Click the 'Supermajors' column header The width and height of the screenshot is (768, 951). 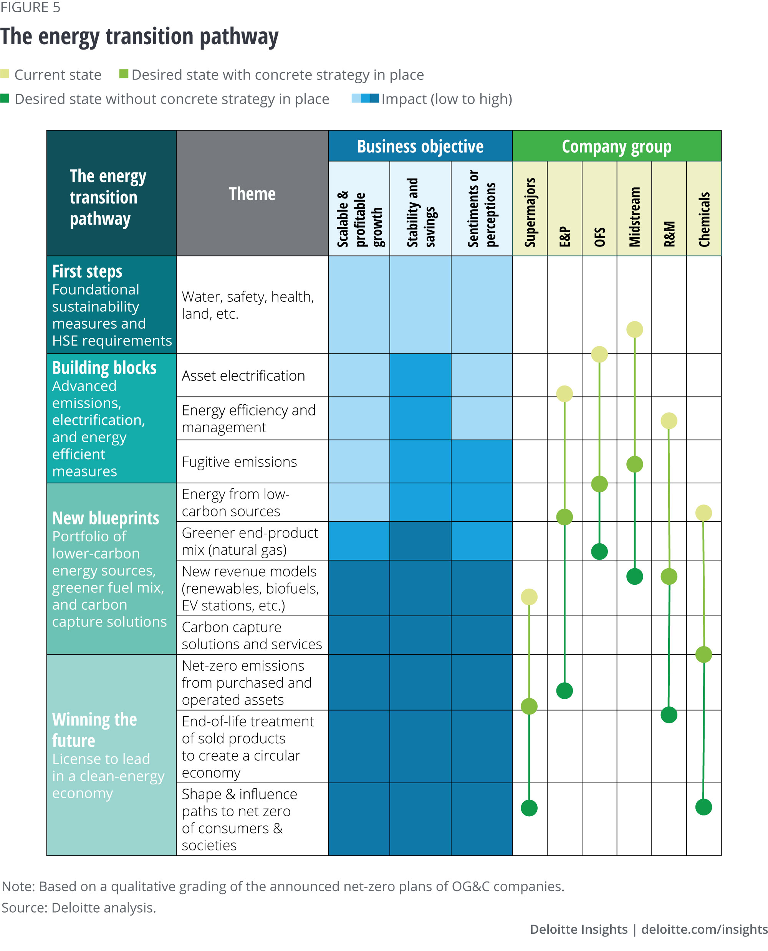pos(530,212)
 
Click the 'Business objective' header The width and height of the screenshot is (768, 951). pos(420,146)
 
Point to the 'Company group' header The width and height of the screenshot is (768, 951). pos(616,146)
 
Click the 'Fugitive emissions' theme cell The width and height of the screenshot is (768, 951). pos(239,462)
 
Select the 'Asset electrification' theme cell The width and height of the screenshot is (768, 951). pos(243,375)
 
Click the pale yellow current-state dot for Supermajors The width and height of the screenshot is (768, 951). pos(529,597)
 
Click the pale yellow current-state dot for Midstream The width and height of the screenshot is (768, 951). pos(634,329)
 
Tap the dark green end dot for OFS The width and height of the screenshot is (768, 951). pos(599,552)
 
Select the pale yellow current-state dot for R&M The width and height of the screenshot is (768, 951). pos(669,421)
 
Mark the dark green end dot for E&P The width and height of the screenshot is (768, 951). pos(564,690)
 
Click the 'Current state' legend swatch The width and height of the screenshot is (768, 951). pos(5,74)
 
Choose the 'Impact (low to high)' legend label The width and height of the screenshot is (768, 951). pos(447,99)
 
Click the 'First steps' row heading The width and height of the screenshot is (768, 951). pos(87,271)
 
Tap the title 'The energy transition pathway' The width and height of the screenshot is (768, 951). pos(139,36)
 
